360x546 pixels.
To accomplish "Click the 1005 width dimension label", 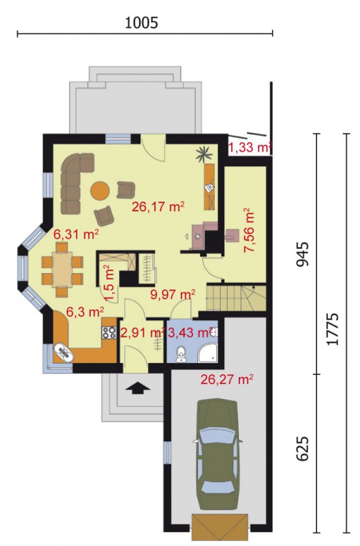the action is [141, 23].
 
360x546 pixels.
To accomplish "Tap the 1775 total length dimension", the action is [333, 329].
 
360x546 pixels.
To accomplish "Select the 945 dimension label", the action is [303, 254].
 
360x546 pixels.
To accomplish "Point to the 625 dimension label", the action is [303, 448].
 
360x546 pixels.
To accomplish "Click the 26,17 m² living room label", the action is [158, 207].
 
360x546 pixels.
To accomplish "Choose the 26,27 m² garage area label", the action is [227, 379].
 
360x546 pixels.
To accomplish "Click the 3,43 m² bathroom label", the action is [190, 333].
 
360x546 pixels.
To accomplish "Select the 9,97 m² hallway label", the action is [172, 294].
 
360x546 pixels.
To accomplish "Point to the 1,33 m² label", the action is [250, 148].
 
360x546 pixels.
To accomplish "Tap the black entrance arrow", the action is [138, 387].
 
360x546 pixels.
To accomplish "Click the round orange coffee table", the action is [100, 191].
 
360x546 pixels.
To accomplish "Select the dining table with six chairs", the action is [62, 270].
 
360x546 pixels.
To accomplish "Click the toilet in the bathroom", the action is [181, 354].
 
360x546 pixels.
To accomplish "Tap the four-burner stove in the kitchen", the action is [109, 332].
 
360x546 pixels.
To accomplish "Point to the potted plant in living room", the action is [204, 153].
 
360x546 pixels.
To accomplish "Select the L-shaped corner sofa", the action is [75, 181].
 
